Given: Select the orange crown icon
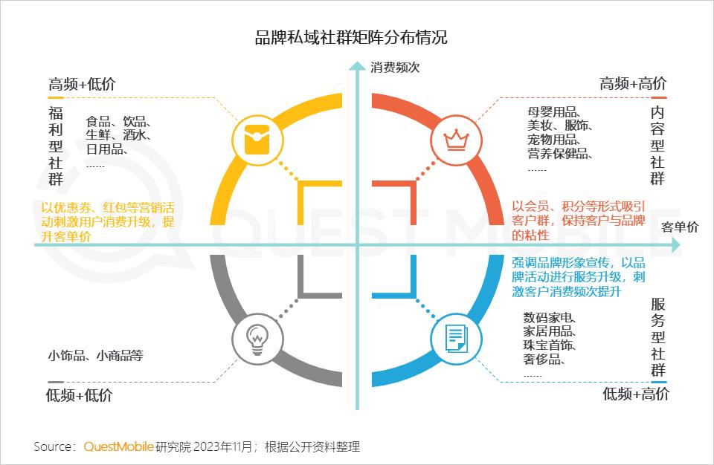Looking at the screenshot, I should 451,138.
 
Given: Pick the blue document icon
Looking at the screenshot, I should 453,338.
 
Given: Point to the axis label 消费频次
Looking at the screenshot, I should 396,68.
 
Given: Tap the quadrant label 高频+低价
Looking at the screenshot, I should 82,84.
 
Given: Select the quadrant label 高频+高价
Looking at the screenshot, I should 633,84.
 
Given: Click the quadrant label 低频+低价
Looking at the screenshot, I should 79,395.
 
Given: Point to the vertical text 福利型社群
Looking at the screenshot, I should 56,146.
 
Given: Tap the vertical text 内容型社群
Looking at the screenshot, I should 657,145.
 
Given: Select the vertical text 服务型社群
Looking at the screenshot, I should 658,337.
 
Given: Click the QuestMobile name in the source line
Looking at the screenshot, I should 119,446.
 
